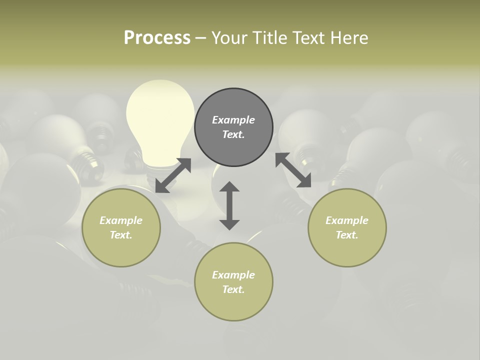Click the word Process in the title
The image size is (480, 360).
tap(157, 38)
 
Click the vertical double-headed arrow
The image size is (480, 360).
tap(229, 205)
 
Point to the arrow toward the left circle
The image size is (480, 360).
tap(173, 175)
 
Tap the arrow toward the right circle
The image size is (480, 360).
tap(293, 170)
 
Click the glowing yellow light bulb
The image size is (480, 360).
tap(160, 125)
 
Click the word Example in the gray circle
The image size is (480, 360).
tap(233, 120)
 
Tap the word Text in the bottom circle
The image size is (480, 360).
tap(232, 289)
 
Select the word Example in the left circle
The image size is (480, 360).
tap(121, 220)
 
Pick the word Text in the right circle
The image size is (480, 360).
tap(346, 235)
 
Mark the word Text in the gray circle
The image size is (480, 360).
tap(232, 134)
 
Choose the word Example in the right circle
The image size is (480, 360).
tap(347, 220)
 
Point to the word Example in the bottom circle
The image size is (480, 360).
tap(233, 275)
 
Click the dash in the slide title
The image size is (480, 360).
tap(201, 38)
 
